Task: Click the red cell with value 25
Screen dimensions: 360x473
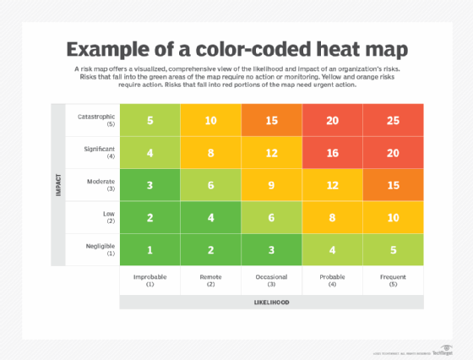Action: click(394, 120)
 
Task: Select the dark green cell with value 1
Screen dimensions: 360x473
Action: click(150, 249)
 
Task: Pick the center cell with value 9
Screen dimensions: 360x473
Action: click(272, 185)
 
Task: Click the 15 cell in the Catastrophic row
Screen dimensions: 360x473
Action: click(272, 120)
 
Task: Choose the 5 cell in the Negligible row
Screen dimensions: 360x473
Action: click(394, 249)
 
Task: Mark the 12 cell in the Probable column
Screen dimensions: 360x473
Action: click(333, 185)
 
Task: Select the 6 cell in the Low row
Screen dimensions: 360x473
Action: click(272, 217)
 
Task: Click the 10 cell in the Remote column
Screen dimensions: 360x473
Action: click(211, 120)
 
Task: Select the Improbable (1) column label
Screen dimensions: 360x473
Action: click(150, 279)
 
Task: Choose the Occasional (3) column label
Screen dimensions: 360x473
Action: click(272, 279)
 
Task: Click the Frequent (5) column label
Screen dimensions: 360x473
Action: click(394, 279)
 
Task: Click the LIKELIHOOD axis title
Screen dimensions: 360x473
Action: click(272, 302)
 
